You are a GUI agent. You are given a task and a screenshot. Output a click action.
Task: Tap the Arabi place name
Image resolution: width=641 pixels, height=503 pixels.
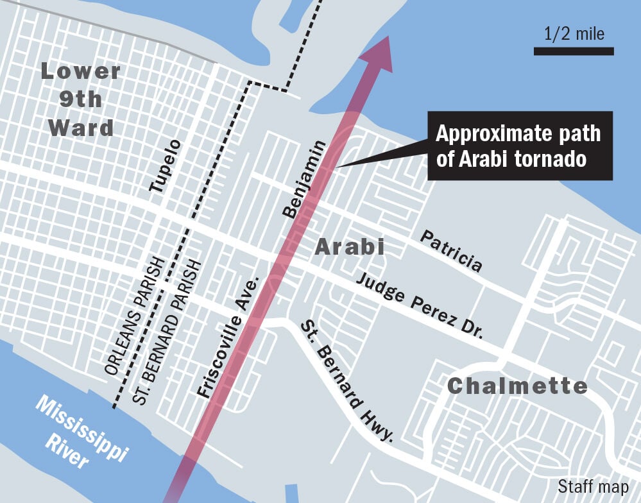pyautogui.click(x=350, y=247)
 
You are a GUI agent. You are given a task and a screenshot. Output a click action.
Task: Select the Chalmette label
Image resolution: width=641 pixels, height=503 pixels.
pyautogui.click(x=517, y=386)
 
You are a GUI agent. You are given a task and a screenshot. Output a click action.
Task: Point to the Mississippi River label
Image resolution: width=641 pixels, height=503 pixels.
pyautogui.click(x=80, y=432)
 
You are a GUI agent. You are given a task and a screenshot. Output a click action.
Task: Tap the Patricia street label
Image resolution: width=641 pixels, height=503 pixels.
pyautogui.click(x=450, y=251)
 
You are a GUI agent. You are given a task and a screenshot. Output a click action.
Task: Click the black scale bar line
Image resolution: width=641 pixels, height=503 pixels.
pyautogui.click(x=574, y=51)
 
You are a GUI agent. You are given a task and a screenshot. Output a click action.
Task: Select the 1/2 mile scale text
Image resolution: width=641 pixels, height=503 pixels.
pyautogui.click(x=574, y=34)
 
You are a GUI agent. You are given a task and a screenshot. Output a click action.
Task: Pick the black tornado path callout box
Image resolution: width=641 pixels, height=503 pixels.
pyautogui.click(x=520, y=146)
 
